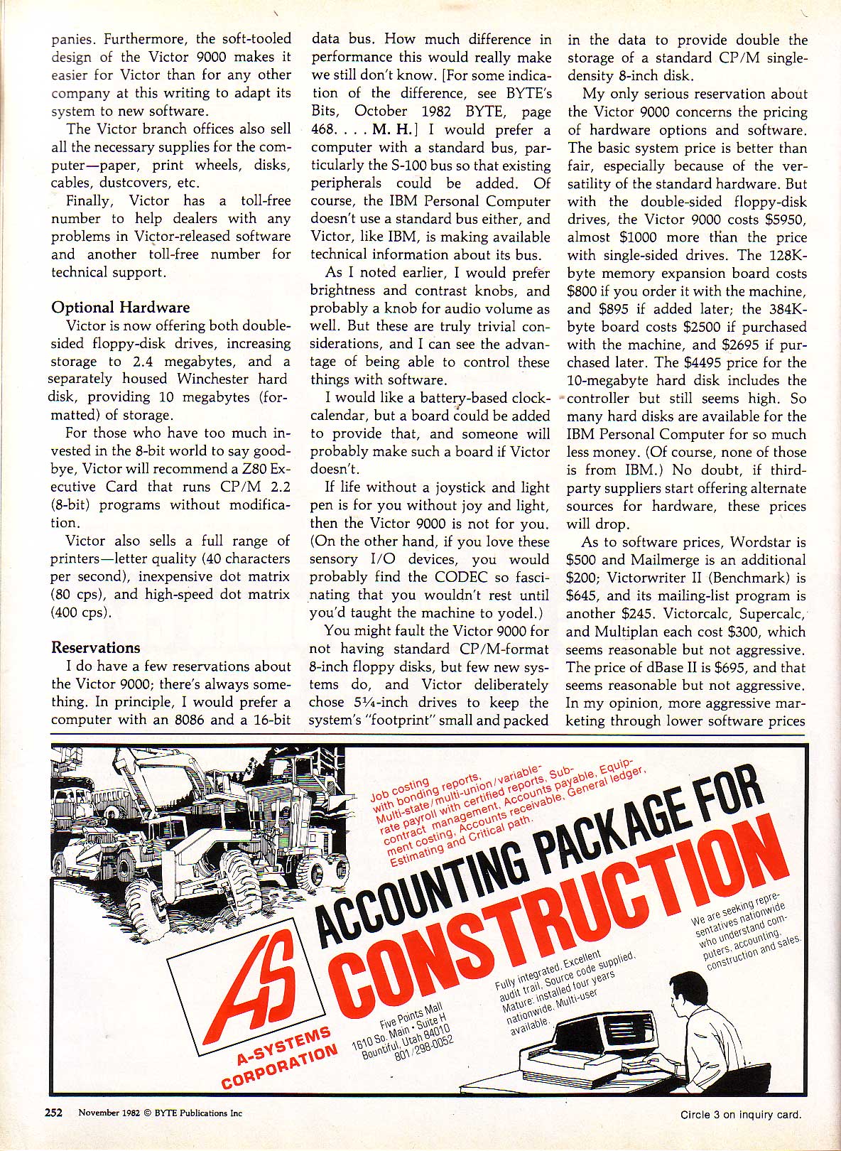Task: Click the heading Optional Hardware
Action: pos(120,307)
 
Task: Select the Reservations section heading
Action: pos(95,647)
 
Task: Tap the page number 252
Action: pos(55,1113)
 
